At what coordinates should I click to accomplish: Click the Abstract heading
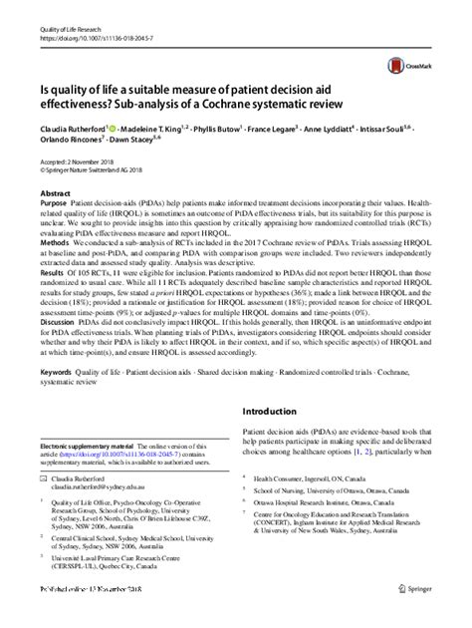click(55, 190)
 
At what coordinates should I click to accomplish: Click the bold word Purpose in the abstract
click(54, 201)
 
